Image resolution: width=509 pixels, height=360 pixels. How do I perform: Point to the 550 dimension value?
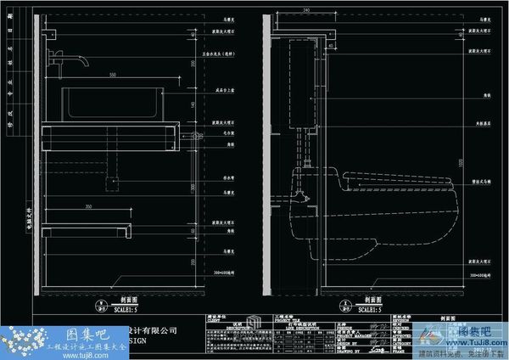[111, 77]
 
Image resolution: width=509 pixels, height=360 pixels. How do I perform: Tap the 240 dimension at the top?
[305, 10]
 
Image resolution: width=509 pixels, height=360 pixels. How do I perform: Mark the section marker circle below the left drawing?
[101, 302]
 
